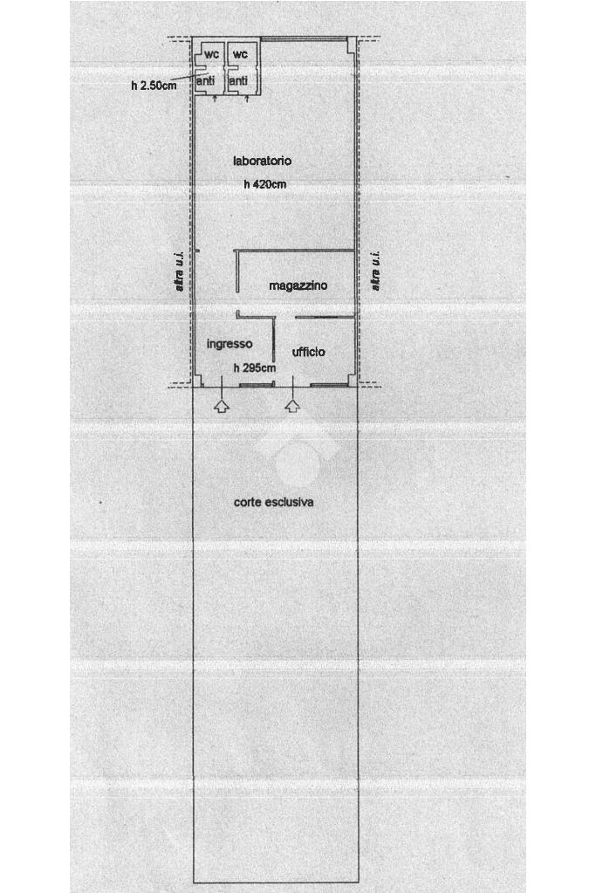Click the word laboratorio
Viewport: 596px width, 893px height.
[x=262, y=161]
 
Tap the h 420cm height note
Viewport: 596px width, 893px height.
[x=264, y=184]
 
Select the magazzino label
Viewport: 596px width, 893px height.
[x=298, y=285]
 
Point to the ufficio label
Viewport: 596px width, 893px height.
[x=309, y=352]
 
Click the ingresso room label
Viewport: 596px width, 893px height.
[x=229, y=344]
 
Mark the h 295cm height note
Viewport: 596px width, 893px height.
[x=255, y=368]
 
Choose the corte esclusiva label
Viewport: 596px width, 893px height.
[x=274, y=502]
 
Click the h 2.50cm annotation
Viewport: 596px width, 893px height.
[x=154, y=86]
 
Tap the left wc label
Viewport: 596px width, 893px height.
[x=211, y=54]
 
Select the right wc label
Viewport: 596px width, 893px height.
[x=240, y=54]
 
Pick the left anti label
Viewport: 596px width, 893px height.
[x=206, y=80]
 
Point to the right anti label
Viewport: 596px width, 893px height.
[x=238, y=80]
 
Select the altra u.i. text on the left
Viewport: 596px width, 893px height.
[x=180, y=271]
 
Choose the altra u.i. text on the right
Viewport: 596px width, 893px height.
[x=375, y=271]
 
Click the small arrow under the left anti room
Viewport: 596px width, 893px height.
[x=216, y=98]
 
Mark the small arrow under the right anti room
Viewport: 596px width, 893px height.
[x=249, y=98]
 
